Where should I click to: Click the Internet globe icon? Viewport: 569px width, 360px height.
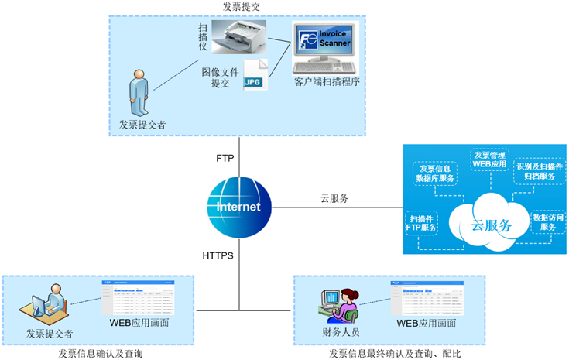(x=238, y=207)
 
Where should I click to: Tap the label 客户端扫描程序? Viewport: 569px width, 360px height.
(x=327, y=81)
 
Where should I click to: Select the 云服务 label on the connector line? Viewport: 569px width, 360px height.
(x=334, y=198)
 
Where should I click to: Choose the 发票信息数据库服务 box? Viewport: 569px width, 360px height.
(x=436, y=174)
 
